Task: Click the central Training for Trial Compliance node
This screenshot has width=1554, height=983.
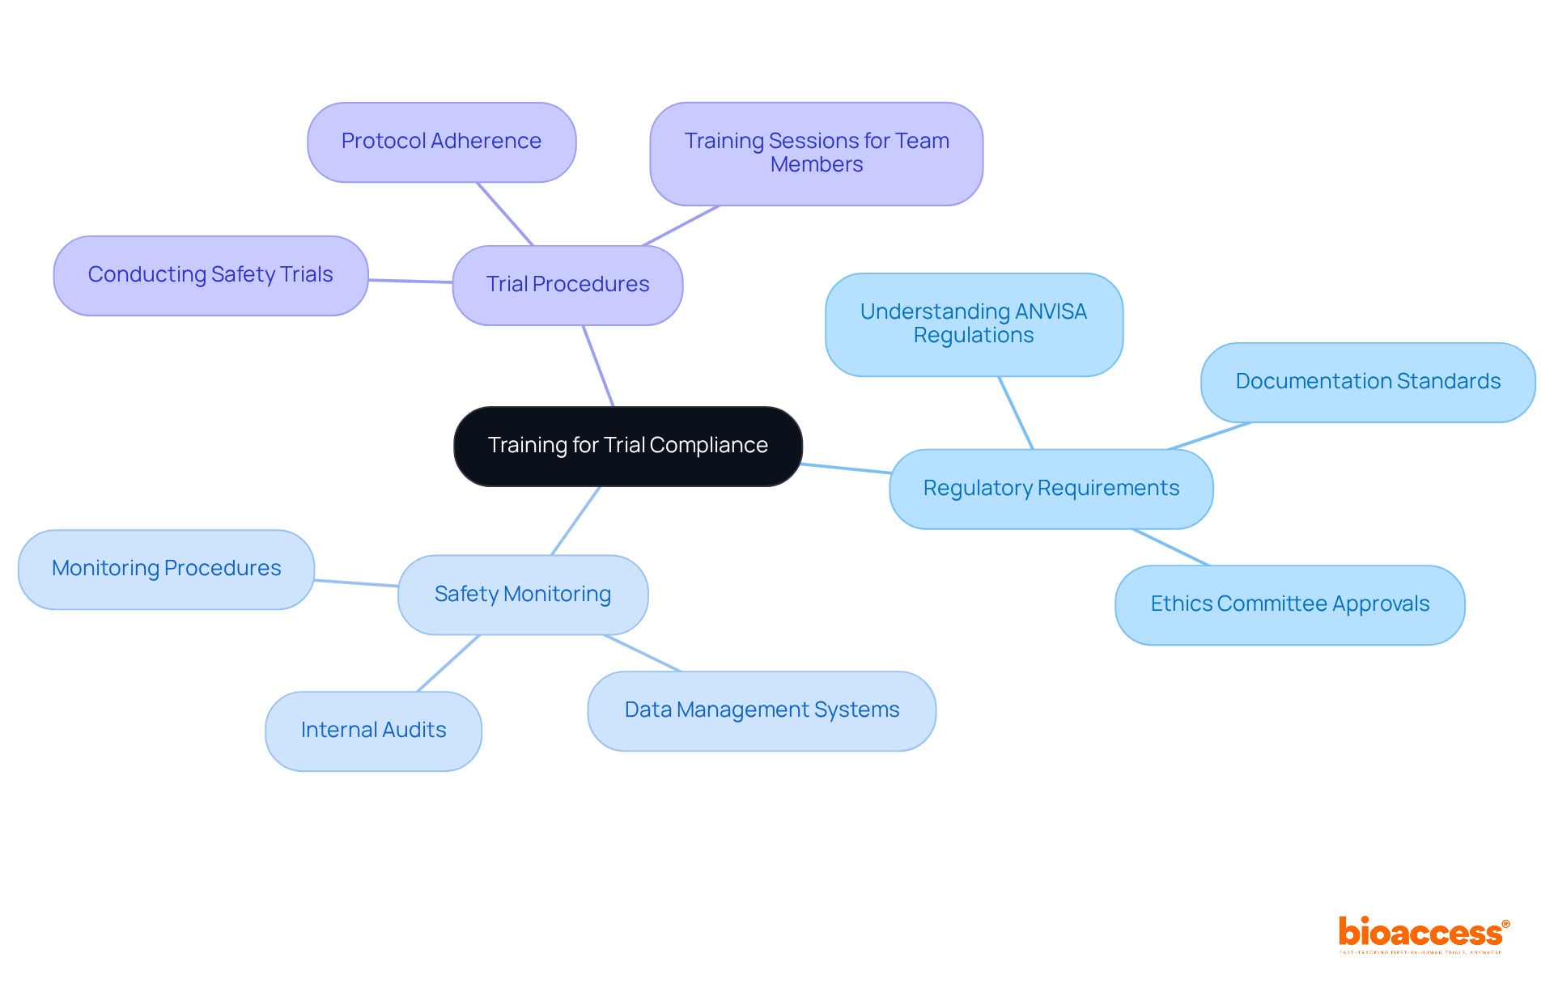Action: (x=627, y=446)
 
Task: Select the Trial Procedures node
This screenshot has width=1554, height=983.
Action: (x=567, y=285)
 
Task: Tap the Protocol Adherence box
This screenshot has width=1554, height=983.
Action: (x=441, y=142)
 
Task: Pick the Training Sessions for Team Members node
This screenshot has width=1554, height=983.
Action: (x=816, y=153)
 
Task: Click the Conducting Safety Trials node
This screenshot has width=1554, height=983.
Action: (x=210, y=275)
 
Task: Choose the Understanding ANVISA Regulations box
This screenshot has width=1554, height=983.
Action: (x=974, y=324)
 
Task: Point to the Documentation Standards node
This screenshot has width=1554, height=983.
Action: (x=1367, y=382)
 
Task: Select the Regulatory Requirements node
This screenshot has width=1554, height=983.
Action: (x=1051, y=489)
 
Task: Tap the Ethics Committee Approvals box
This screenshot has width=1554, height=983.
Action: (x=1289, y=604)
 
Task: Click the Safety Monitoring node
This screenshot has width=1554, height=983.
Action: (x=522, y=595)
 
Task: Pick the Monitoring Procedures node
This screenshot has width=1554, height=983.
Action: (x=166, y=569)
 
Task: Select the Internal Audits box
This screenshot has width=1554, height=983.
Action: (x=373, y=731)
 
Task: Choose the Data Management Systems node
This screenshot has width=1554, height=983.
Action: (x=761, y=710)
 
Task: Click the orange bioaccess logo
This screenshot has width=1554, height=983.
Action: (x=1422, y=933)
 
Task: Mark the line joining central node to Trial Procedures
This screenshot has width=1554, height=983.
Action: (x=598, y=366)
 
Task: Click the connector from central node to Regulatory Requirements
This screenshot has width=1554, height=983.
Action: (x=846, y=468)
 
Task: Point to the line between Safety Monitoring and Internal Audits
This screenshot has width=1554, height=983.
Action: (x=448, y=663)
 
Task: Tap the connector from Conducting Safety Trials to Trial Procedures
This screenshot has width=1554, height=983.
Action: (x=410, y=281)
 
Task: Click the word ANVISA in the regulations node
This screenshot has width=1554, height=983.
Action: (x=1051, y=312)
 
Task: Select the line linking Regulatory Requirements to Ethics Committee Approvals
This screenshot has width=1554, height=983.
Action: (x=1170, y=547)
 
